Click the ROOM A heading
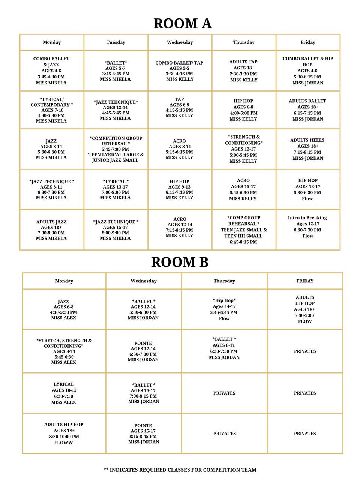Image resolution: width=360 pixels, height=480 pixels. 183,23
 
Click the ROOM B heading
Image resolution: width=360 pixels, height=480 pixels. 180,262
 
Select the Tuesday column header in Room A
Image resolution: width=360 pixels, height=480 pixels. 115,42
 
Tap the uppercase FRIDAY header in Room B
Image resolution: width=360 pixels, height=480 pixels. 305,281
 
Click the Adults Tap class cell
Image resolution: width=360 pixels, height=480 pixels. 244,71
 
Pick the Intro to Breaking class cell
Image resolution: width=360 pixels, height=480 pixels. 307,227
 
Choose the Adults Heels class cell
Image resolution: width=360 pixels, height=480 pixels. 307,149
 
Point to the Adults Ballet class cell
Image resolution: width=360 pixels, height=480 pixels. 307,110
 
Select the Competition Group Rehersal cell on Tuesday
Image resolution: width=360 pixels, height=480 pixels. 115,149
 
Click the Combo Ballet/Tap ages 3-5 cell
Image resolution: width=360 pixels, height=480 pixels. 179,71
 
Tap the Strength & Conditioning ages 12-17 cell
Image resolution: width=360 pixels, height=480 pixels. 244,149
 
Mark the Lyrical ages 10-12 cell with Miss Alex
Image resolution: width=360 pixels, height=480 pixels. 64,393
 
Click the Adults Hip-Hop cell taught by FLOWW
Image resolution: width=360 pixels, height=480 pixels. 64,433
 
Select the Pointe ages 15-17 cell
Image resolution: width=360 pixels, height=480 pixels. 144,433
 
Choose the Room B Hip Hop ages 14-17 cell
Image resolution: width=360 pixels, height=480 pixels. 224,309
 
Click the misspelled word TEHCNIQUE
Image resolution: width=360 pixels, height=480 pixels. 121,102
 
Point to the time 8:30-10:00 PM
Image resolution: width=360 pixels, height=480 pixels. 64,436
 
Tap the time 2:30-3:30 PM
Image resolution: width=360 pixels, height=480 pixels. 244,74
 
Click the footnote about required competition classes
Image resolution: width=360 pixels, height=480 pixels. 180,470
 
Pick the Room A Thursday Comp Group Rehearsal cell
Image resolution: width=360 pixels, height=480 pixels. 244,230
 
